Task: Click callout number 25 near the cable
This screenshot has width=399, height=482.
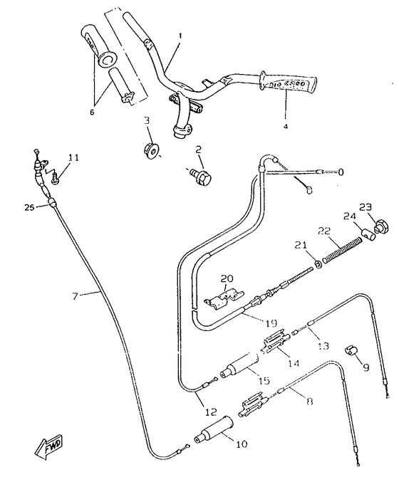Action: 28,206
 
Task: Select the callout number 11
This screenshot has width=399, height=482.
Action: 74,157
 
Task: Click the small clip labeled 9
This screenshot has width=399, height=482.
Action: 350,351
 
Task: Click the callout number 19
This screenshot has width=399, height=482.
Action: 270,323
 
